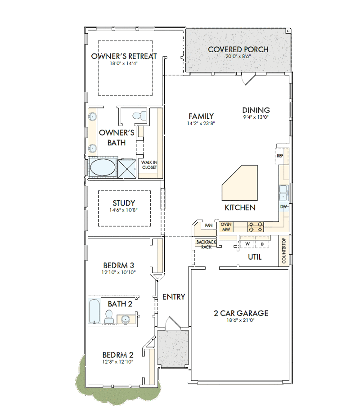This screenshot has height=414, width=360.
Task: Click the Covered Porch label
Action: [238, 49]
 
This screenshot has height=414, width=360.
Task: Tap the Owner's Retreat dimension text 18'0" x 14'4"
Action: [124, 63]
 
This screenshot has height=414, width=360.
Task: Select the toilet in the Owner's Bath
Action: [139, 116]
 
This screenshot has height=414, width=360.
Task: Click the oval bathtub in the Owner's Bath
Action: [103, 167]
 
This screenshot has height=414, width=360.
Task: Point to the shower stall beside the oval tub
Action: [127, 168]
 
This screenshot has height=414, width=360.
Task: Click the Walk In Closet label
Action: [149, 165]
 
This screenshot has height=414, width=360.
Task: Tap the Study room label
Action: [124, 203]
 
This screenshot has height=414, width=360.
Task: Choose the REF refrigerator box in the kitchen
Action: [280, 156]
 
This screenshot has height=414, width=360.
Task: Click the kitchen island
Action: [240, 183]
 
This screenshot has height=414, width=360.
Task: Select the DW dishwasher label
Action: [283, 207]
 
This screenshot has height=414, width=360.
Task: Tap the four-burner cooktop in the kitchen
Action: [256, 227]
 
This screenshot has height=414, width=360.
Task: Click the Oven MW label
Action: [226, 227]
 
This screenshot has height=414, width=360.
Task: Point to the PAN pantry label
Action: [209, 225]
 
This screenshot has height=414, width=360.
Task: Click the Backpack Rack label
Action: [206, 244]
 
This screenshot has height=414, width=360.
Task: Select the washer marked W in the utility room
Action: [247, 242]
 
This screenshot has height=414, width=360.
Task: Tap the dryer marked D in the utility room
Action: [262, 242]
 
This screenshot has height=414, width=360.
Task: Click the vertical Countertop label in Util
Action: [284, 251]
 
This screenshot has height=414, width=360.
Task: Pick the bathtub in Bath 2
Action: [94, 311]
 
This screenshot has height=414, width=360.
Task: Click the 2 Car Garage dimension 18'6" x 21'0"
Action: [241, 320]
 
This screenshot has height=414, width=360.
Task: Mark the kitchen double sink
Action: [283, 193]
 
